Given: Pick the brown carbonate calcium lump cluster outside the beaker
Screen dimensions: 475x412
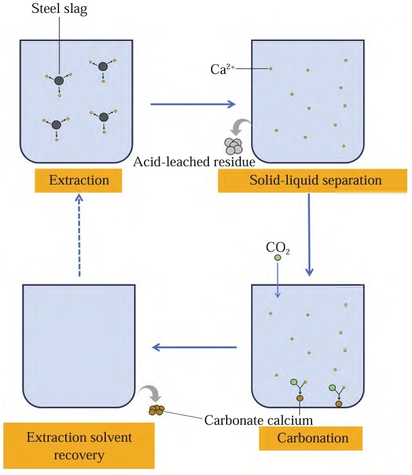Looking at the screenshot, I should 156,410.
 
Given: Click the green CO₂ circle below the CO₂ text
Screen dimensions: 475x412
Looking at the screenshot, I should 278,259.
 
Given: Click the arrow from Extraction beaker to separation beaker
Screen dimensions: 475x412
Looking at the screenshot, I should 192,104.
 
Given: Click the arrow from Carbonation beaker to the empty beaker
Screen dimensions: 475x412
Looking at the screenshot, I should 193,348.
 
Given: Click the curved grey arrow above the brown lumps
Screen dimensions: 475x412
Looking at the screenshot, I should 148,393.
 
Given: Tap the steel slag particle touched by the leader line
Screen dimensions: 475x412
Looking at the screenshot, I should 59,81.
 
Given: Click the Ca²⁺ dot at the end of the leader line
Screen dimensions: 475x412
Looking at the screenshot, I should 270,69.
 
